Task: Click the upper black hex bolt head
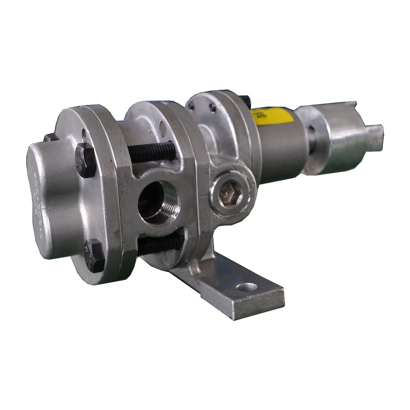[85, 160]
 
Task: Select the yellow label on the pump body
[273, 115]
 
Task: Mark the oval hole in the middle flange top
[163, 128]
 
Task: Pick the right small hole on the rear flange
[212, 108]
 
